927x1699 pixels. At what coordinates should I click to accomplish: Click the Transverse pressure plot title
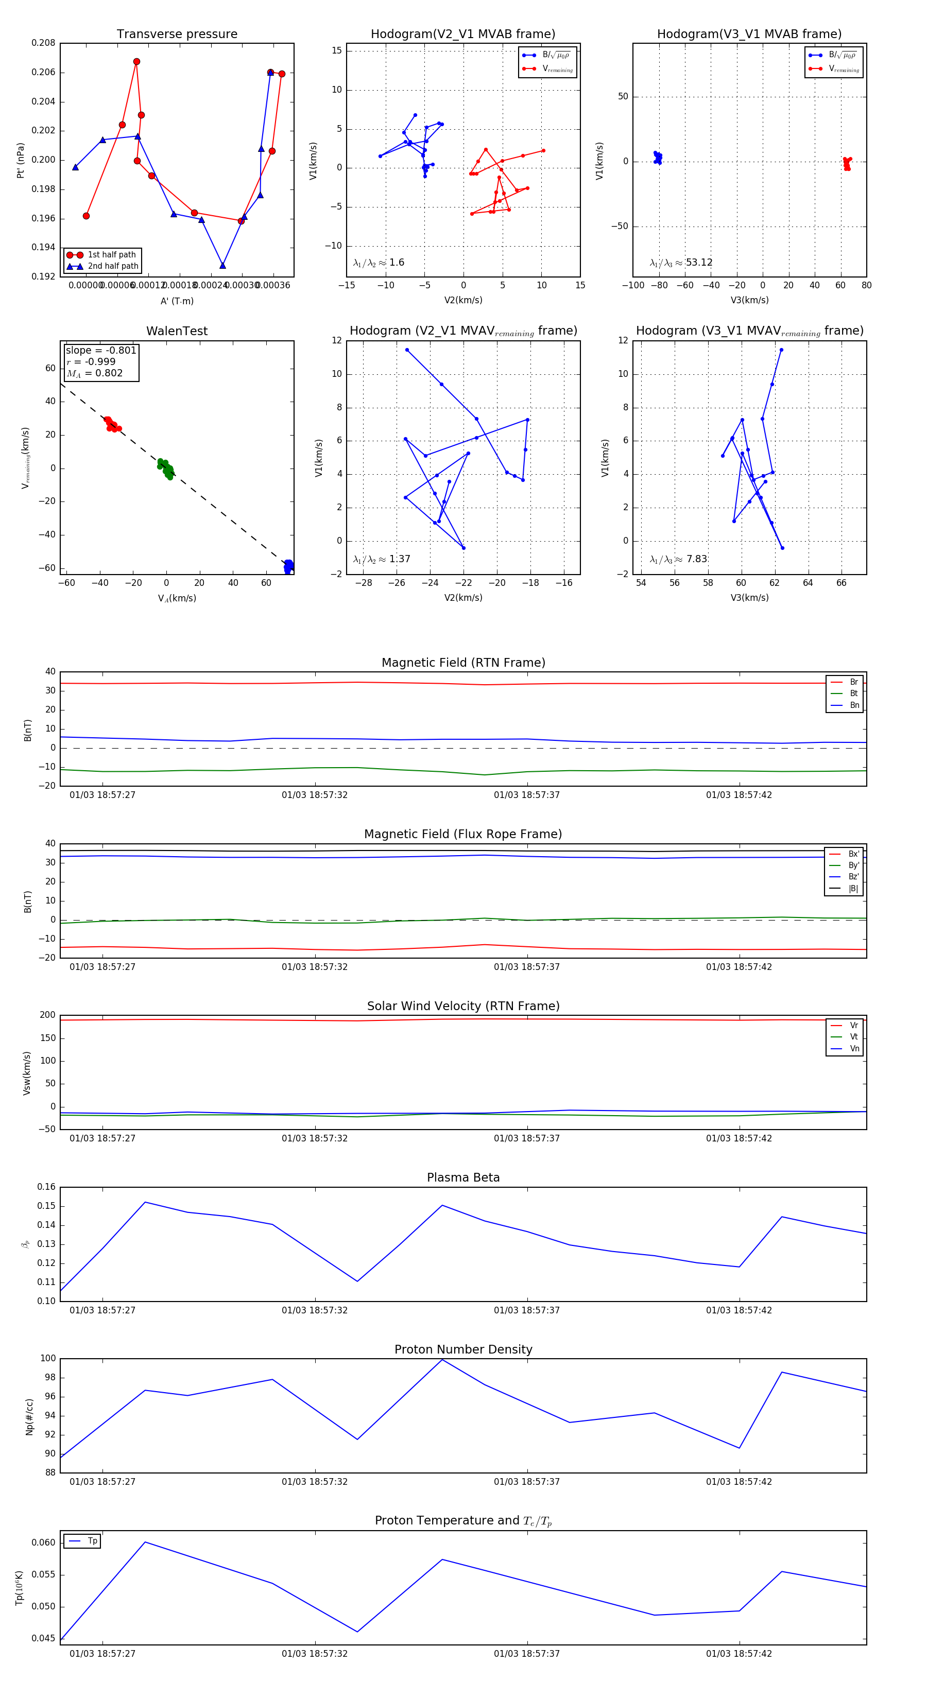(177, 34)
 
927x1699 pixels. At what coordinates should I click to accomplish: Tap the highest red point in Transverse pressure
(136, 62)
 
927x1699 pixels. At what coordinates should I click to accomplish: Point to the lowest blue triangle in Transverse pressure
(222, 266)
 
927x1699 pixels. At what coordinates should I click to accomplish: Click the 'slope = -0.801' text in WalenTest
(101, 350)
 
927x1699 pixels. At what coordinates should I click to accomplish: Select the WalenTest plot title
(177, 331)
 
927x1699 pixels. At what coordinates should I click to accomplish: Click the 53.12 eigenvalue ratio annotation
(699, 263)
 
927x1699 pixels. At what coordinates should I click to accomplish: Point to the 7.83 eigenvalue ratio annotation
(697, 559)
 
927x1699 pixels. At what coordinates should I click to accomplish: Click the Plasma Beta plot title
(463, 1178)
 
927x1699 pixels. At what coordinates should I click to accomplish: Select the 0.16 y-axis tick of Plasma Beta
(46, 1187)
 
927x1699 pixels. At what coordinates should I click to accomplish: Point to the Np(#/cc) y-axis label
(29, 1417)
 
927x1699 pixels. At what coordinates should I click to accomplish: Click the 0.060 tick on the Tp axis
(44, 1542)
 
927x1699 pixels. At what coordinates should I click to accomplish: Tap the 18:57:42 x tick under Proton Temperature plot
(739, 1654)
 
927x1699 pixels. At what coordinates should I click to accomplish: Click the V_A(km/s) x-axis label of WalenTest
(177, 598)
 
